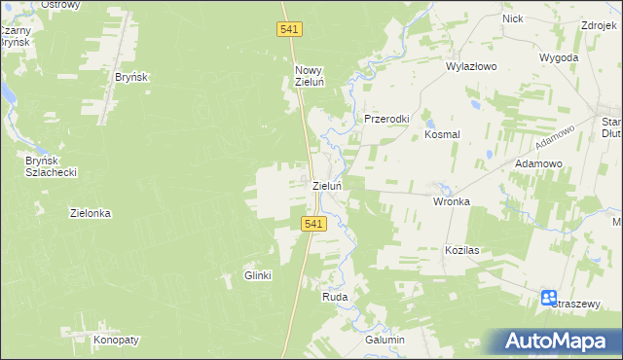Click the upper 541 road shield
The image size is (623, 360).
pyautogui.click(x=289, y=30)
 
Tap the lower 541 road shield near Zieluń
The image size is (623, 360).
pyautogui.click(x=311, y=224)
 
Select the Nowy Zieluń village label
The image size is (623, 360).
pyautogui.click(x=309, y=76)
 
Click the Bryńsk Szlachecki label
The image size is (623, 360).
pyautogui.click(x=51, y=165)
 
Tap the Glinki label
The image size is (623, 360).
pyautogui.click(x=257, y=275)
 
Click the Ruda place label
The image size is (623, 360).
pyautogui.click(x=335, y=297)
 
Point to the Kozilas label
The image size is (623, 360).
pyautogui.click(x=462, y=250)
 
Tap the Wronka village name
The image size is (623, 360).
pyautogui.click(x=451, y=201)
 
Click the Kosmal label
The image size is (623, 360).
pyautogui.click(x=442, y=135)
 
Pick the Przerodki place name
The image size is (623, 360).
pyautogui.click(x=386, y=119)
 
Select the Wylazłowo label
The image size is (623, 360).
pyautogui.click(x=471, y=67)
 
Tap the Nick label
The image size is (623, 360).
pyautogui.click(x=512, y=18)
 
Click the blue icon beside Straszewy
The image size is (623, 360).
pyautogui.click(x=548, y=298)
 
